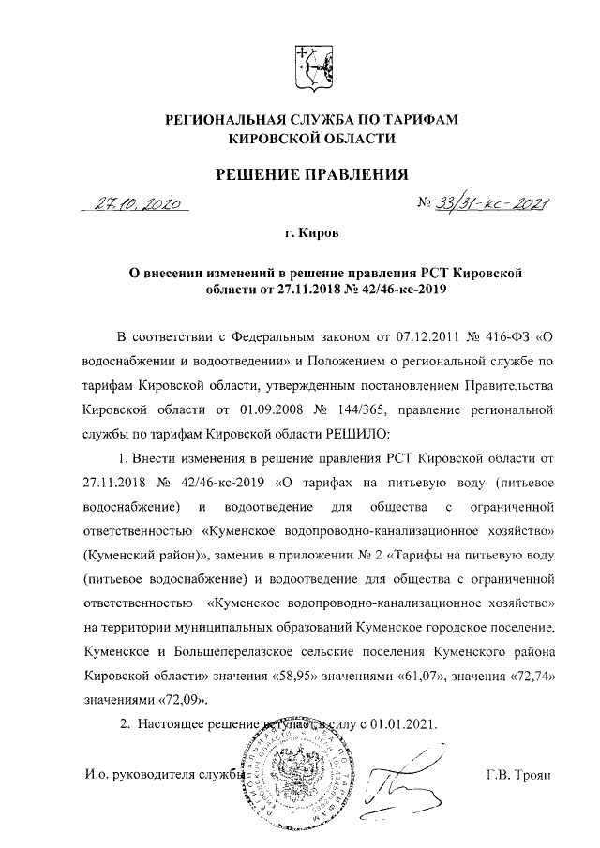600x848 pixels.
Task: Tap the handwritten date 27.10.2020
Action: tap(140, 205)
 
